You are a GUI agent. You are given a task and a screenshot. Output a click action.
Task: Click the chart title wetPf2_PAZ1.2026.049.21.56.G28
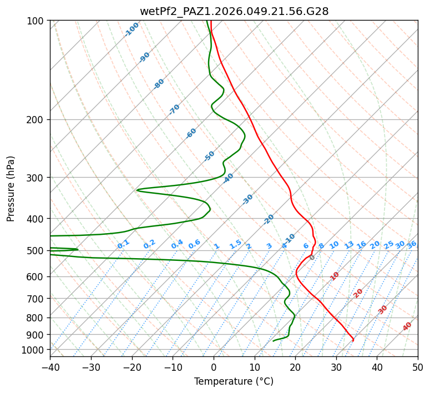(234, 11)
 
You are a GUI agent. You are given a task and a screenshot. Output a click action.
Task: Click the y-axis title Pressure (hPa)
(11, 189)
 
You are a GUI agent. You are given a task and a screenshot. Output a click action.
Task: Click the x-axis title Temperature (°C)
(234, 382)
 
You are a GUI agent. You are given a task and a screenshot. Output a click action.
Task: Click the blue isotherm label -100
(131, 29)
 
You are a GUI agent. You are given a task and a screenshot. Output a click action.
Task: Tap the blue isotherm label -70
(174, 109)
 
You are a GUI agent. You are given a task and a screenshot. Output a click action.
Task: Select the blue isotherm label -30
(247, 199)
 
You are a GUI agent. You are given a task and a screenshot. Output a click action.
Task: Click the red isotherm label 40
(407, 326)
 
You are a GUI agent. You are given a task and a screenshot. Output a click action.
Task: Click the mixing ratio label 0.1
(123, 244)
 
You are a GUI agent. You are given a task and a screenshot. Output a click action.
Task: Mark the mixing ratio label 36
(412, 244)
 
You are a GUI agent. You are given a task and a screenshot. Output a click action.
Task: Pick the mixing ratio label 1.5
(235, 244)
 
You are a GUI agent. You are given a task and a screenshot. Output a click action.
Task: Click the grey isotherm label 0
(312, 258)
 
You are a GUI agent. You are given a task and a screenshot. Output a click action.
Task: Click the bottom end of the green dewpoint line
(274, 341)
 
